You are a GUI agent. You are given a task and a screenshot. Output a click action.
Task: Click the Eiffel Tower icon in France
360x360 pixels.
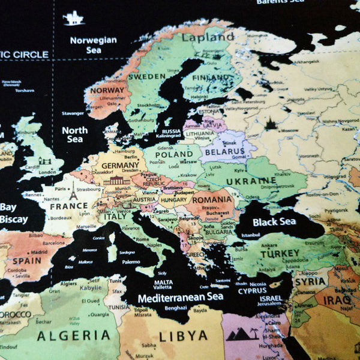(73, 192)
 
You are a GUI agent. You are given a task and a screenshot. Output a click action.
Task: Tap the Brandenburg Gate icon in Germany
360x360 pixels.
(116, 181)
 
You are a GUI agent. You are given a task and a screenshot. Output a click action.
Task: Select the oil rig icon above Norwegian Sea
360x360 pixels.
(74, 19)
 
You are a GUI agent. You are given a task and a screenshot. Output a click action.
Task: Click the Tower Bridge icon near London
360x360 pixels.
(44, 161)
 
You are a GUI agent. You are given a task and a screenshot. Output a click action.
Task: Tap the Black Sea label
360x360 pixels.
(274, 222)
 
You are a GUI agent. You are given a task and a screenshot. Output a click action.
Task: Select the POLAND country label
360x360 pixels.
(174, 154)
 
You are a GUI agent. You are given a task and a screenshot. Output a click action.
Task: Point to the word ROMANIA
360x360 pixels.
(212, 199)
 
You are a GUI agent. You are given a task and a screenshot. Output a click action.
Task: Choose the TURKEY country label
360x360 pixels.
(279, 254)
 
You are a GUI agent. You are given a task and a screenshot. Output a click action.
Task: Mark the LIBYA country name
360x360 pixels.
(183, 336)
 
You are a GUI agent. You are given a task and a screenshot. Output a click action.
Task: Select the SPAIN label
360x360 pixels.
(27, 261)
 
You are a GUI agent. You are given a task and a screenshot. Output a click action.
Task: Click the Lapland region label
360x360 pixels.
(203, 37)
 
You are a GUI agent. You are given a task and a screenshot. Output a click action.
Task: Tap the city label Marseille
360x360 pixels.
(86, 227)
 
